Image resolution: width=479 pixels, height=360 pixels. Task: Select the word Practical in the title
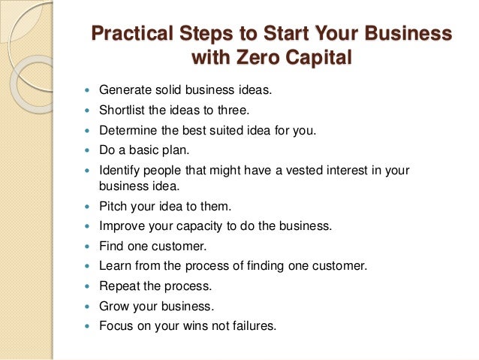click(x=129, y=34)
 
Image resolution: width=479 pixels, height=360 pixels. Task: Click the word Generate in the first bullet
click(x=125, y=90)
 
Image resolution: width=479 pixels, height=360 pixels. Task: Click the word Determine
click(x=127, y=130)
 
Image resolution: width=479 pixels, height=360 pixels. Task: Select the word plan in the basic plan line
click(x=181, y=150)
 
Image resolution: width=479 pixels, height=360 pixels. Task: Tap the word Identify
click(x=119, y=171)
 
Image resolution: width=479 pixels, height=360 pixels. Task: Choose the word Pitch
click(x=113, y=205)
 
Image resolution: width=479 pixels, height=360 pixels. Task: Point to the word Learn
click(x=115, y=265)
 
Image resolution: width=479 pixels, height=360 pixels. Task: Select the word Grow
click(x=113, y=306)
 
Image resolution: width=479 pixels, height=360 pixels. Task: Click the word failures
click(x=254, y=326)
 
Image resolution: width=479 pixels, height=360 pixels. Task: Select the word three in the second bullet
click(x=221, y=110)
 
